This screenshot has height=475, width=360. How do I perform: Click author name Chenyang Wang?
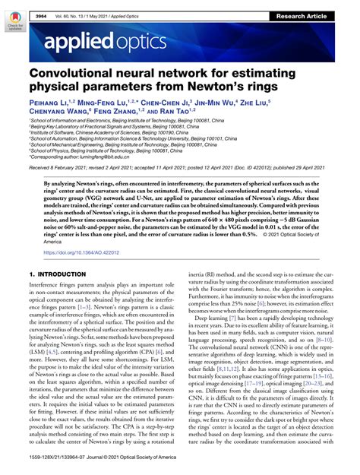[x=61, y=120]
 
